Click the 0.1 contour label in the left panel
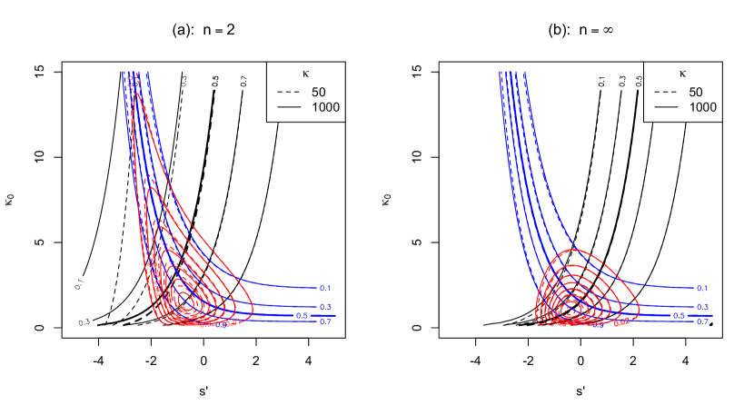point(324,288)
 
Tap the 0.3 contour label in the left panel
point(324,307)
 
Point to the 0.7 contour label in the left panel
point(324,321)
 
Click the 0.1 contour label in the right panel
point(701,288)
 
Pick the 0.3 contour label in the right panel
point(701,307)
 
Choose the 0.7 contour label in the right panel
point(701,321)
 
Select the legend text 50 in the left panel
point(318,92)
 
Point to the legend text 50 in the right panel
point(695,92)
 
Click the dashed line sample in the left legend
point(289,92)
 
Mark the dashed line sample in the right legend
point(666,92)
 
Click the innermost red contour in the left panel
point(184,299)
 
